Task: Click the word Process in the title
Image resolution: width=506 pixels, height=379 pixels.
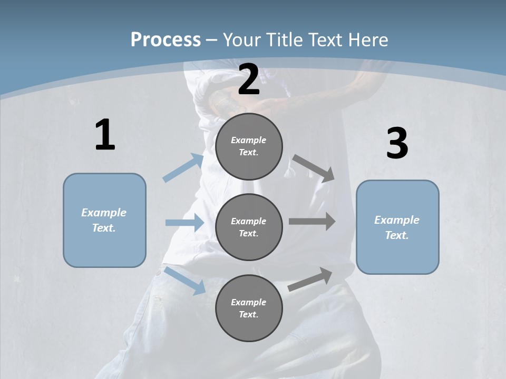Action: [166, 39]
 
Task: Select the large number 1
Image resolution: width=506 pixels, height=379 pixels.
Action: [105, 135]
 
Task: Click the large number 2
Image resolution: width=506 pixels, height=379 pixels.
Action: [249, 79]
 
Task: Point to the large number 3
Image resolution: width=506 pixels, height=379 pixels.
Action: [397, 144]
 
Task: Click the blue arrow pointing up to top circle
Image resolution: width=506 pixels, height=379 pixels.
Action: [183, 168]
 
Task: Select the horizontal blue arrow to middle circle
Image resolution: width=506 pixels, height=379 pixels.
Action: [184, 223]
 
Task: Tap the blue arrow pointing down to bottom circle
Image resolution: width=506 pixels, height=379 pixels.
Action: [185, 280]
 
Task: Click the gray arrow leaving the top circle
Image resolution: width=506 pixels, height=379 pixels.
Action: [313, 168]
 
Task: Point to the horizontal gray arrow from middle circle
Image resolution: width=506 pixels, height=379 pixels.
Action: [312, 222]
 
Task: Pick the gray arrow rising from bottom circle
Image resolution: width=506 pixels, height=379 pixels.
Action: [310, 280]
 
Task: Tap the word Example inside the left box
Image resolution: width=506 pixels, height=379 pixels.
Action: [104, 213]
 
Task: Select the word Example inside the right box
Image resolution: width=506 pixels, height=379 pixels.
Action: [397, 220]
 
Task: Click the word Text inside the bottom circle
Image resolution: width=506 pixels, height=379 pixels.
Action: [248, 314]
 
